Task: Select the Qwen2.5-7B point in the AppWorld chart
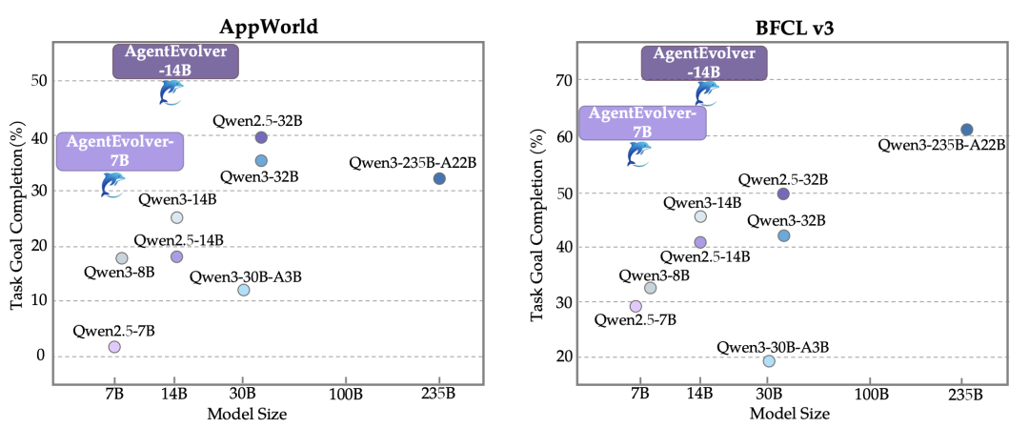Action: pos(114,347)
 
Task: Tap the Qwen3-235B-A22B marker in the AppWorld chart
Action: pos(439,178)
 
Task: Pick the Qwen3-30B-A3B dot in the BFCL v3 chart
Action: pos(769,360)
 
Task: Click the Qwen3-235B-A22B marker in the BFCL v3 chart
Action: pos(966,130)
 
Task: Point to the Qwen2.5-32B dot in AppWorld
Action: pos(261,137)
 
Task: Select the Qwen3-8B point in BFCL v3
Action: pos(651,288)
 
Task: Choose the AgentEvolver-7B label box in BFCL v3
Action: pos(642,122)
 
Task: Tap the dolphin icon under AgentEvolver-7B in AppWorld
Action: pos(113,183)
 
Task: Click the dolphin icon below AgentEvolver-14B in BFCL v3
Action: pos(706,92)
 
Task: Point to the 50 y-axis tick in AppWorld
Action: pos(37,81)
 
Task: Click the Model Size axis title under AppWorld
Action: pos(247,413)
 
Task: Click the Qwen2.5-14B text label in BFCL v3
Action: pos(706,257)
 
